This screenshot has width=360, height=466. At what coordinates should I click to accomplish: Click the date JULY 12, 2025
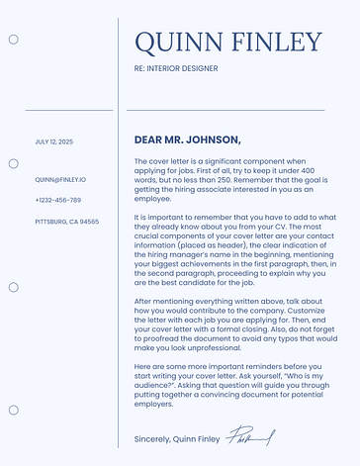(x=53, y=141)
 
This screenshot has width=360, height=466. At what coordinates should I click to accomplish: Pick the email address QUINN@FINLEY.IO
(x=60, y=180)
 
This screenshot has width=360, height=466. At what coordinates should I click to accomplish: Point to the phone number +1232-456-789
(x=57, y=201)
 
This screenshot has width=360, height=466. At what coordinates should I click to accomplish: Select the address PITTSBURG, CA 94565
(x=66, y=222)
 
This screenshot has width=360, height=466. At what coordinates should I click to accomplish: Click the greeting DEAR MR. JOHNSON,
(x=187, y=140)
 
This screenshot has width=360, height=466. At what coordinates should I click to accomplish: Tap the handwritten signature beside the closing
(x=251, y=436)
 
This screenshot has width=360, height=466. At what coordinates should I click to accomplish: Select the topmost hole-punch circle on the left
(x=13, y=40)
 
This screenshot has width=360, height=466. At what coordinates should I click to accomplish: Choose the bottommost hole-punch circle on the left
(x=13, y=410)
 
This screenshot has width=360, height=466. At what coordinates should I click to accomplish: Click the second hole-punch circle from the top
(x=13, y=163)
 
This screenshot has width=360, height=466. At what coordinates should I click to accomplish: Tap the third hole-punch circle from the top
(x=13, y=287)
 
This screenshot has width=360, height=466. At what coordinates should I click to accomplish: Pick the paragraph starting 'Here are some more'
(x=234, y=385)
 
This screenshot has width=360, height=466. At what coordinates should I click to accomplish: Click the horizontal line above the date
(x=69, y=110)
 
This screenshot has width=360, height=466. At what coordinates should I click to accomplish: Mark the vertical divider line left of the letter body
(x=119, y=247)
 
